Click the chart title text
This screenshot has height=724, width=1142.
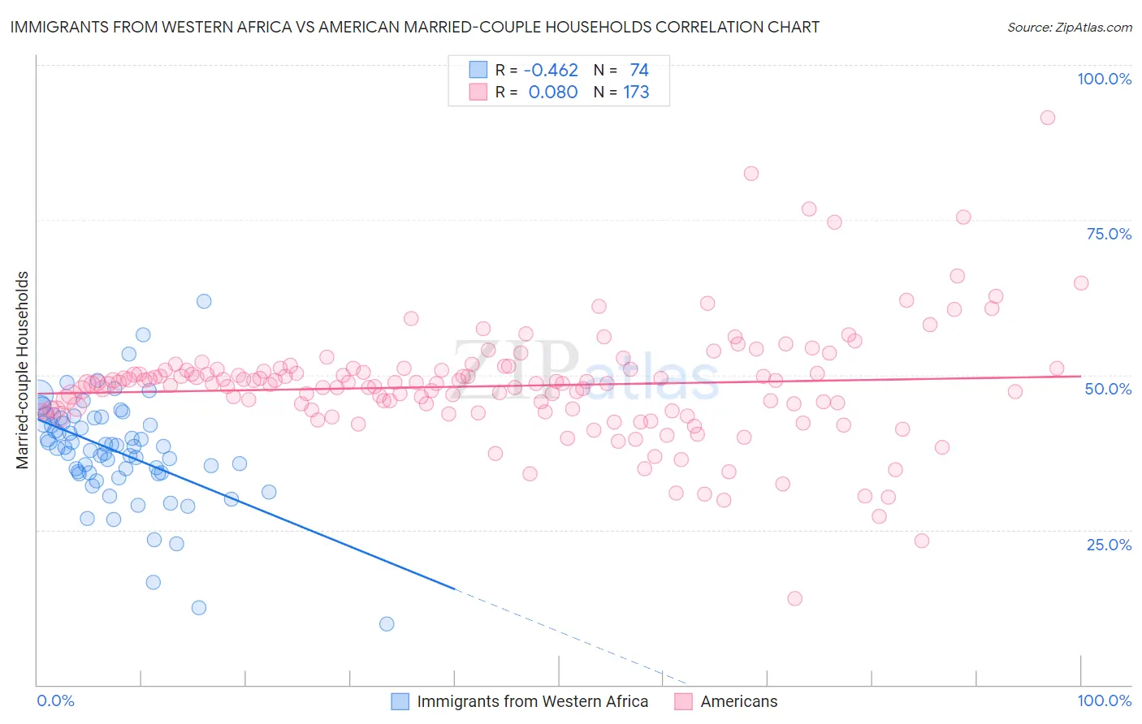(x=414, y=27)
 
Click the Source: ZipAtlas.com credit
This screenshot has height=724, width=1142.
(x=1069, y=27)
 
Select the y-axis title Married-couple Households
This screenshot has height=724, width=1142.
(x=23, y=370)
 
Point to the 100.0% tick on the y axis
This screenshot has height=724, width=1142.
(x=1104, y=79)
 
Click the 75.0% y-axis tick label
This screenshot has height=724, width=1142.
(x=1109, y=234)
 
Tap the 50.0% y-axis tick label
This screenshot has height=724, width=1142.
(x=1109, y=389)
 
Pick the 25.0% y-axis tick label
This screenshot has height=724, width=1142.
(x=1109, y=544)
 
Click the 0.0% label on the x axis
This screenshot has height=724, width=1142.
(x=55, y=700)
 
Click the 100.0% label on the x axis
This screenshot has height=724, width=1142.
(x=1104, y=700)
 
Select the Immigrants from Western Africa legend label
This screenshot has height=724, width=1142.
(x=532, y=701)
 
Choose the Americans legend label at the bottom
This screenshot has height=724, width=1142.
(x=738, y=701)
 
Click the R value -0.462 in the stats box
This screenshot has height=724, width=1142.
(x=552, y=70)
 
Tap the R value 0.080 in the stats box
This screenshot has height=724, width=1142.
(x=552, y=92)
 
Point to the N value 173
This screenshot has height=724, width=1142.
(x=636, y=92)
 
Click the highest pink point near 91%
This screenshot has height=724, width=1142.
(x=1048, y=118)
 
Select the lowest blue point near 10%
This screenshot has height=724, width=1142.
(x=387, y=623)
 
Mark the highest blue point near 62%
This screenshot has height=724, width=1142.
(x=204, y=301)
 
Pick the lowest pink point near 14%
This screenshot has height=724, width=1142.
(x=794, y=598)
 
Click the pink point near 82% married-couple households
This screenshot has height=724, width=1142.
(x=751, y=173)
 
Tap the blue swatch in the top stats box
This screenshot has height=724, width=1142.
(x=478, y=70)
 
